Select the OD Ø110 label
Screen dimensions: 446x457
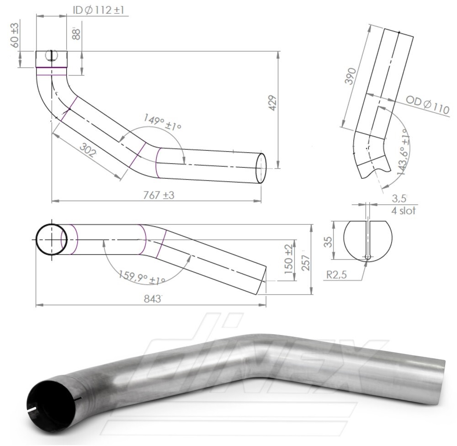pyautogui.click(x=427, y=106)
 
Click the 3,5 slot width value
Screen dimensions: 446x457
pyautogui.click(x=399, y=199)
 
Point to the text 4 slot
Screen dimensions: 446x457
pyautogui.click(x=403, y=211)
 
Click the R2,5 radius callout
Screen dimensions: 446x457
pyautogui.click(x=336, y=276)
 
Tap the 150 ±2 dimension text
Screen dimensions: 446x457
pyautogui.click(x=288, y=259)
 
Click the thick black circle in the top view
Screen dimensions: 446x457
pyautogui.click(x=52, y=239)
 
